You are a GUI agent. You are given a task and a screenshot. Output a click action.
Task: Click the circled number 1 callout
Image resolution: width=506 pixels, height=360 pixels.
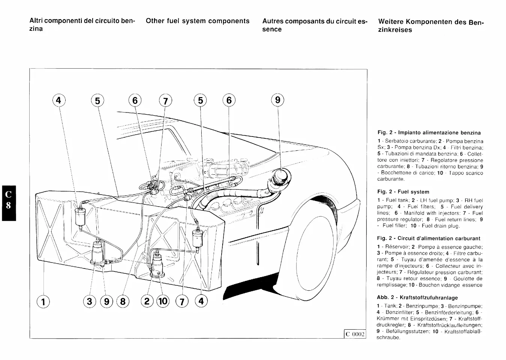pos(43,301)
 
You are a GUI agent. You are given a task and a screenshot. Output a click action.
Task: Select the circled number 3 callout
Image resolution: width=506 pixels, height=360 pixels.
pos(89,301)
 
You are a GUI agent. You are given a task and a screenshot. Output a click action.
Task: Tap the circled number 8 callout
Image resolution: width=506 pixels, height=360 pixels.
pos(123,301)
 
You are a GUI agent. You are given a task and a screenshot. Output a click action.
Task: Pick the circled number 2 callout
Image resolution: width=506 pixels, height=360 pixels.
pos(147,301)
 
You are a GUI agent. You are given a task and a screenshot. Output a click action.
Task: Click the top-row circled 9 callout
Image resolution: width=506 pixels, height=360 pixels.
pos(277,100)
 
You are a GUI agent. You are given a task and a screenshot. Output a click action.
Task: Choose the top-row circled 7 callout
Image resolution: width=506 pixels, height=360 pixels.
pos(165,101)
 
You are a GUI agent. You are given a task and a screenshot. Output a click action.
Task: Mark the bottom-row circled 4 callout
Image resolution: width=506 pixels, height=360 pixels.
pos(201,301)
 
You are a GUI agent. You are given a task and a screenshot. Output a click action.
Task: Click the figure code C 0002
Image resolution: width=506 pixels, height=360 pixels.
pos(355,334)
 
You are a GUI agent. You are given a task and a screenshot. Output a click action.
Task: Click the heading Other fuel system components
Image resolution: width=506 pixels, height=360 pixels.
pos(198,21)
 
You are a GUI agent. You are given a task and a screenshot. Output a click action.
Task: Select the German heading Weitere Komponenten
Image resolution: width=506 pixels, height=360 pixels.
pos(431,25)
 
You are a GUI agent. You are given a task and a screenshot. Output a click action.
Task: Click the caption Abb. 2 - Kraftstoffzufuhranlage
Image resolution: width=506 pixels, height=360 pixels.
pos(417,297)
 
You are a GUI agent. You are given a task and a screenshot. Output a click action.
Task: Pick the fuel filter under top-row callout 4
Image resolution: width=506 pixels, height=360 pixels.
pos(80,216)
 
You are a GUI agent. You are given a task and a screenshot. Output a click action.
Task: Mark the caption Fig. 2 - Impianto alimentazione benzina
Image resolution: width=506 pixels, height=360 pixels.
pos(429,132)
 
